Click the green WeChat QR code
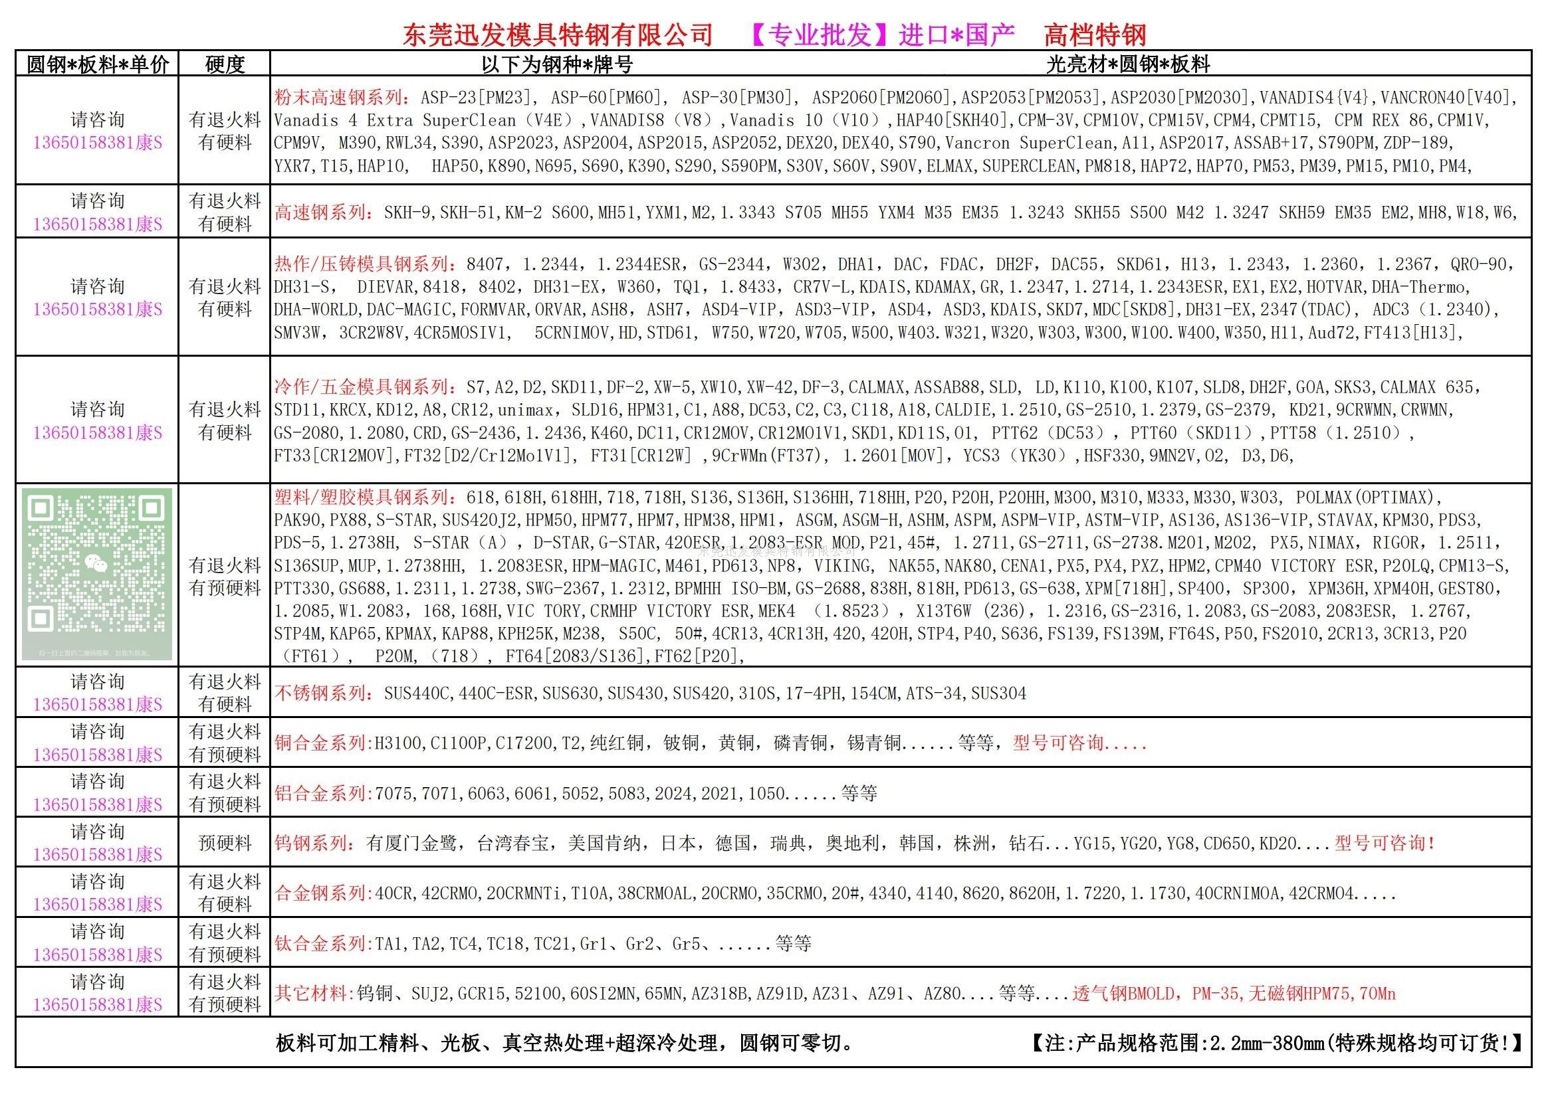coord(98,574)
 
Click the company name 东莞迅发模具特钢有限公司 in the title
coord(558,35)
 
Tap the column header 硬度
coord(224,64)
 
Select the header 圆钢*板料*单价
coord(98,64)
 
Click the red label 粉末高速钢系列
coord(340,98)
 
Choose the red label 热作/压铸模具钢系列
coord(364,264)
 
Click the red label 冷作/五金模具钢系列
coord(364,387)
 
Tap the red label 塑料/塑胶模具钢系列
coord(364,498)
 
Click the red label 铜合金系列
coord(322,743)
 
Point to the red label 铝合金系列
coord(322,793)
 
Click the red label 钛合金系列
coord(322,943)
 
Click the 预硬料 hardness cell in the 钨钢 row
coord(224,843)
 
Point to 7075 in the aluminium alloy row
coord(393,794)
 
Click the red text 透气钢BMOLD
coord(1123,994)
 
